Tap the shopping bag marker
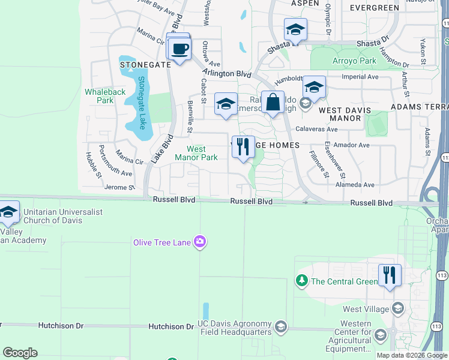[273, 101]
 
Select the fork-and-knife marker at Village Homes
[243, 146]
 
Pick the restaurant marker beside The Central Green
[390, 275]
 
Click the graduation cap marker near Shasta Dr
[295, 29]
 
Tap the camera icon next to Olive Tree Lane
[200, 242]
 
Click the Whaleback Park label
[105, 96]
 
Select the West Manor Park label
[196, 153]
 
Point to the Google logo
[20, 353]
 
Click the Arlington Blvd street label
[226, 73]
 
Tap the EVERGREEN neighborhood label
[374, 8]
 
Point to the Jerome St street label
[119, 187]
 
